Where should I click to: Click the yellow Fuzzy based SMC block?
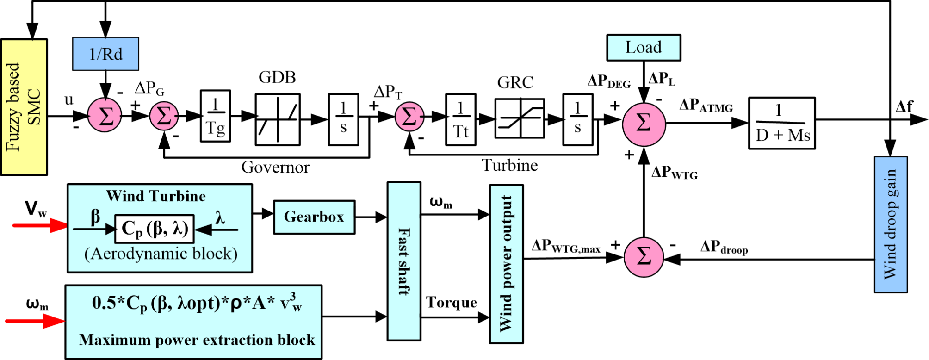(x=24, y=107)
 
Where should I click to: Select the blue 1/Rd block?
(x=105, y=54)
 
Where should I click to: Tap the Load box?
(x=643, y=47)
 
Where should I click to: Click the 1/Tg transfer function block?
(x=215, y=116)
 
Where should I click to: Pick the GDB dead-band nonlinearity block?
(x=278, y=119)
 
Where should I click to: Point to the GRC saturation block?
(x=519, y=118)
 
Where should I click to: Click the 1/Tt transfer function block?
(x=460, y=120)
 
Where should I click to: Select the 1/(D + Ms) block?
(x=781, y=123)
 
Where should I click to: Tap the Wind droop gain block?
(x=890, y=224)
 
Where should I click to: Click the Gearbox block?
(x=314, y=217)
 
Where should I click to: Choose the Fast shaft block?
(x=404, y=261)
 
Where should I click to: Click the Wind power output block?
(x=507, y=264)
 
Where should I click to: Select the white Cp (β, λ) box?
(x=155, y=229)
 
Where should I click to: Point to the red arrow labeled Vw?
(x=40, y=225)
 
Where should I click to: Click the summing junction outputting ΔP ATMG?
(x=644, y=124)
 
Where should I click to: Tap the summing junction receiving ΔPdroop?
(x=644, y=257)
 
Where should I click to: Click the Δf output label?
(x=904, y=107)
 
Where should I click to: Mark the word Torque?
(x=451, y=303)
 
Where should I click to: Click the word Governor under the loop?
(x=275, y=167)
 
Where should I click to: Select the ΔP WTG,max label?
(x=565, y=246)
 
